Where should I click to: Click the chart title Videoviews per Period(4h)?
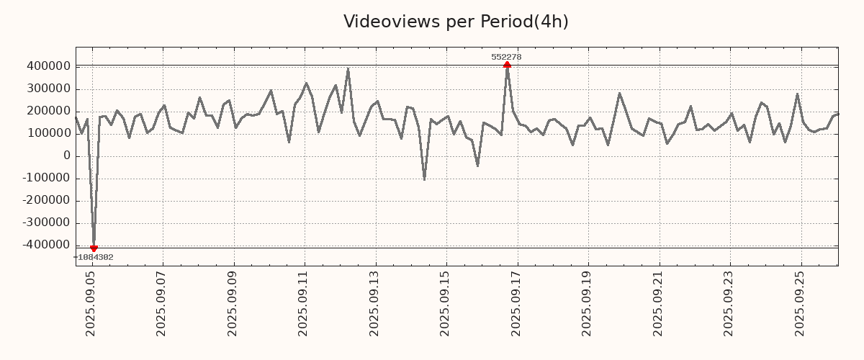coord(456,22)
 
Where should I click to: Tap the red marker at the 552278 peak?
coord(507,66)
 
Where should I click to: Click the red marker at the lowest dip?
coord(94,248)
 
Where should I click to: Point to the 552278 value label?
coord(506,57)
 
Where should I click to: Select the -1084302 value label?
coord(93,257)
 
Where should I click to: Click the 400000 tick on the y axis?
coord(48,67)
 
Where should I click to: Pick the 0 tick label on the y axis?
coord(67,156)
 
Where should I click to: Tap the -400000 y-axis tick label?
coord(45,246)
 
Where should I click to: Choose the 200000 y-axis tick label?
coord(48,112)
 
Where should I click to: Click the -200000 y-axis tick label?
coord(45,201)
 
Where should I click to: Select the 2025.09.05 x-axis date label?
coord(91,305)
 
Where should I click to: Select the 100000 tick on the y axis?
coord(48,134)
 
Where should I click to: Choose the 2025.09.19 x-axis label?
coord(588,305)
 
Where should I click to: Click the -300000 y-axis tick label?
coord(45,223)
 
